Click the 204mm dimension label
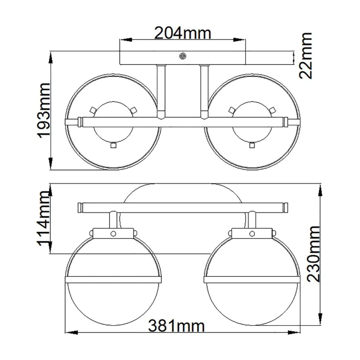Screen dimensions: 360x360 pos(182,33)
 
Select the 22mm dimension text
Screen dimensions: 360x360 pos(306,55)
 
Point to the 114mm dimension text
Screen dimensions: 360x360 pos(44,222)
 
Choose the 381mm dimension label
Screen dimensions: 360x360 pos(176,327)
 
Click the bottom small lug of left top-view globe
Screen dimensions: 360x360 pos(113,145)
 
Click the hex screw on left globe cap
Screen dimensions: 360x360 pos(113,234)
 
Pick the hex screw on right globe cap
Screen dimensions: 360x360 pos(252,234)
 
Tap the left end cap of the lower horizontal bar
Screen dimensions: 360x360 pos(80,207)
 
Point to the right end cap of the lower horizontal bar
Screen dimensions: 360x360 pos(285,207)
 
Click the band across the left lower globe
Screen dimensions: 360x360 pos(113,279)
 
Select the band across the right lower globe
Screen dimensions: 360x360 pos(252,279)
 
